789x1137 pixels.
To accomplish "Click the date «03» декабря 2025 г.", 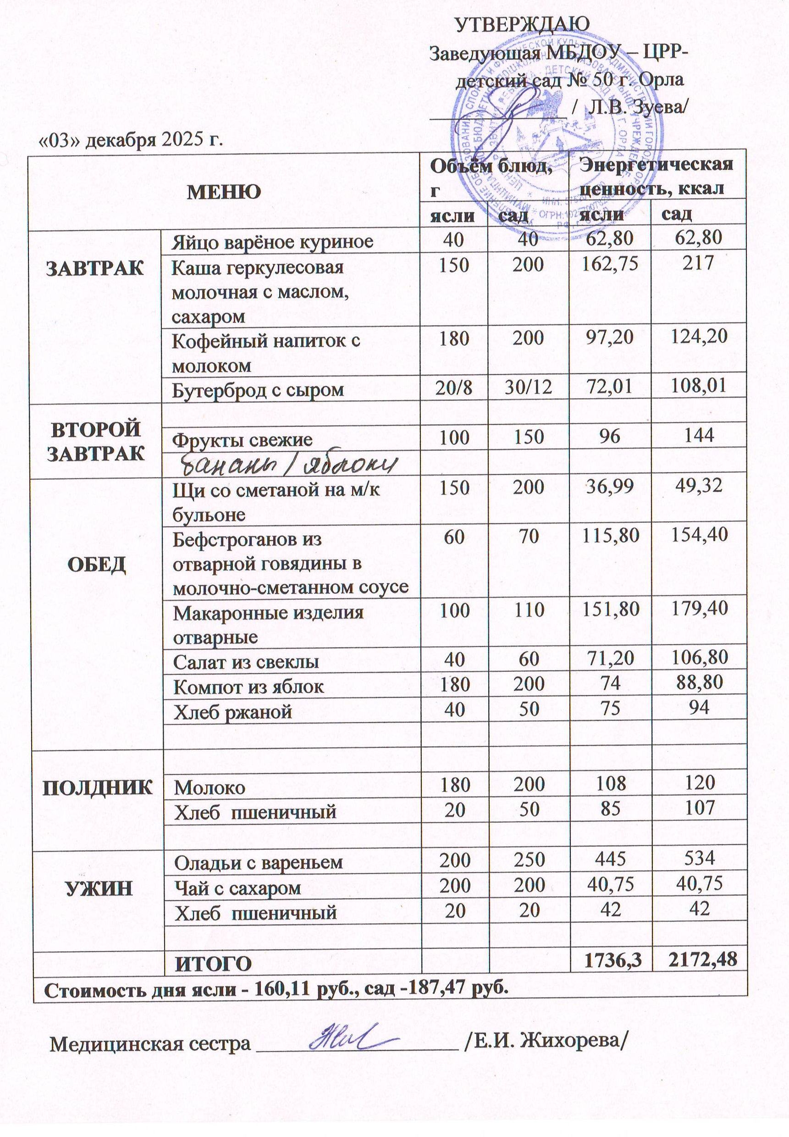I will click(x=131, y=140).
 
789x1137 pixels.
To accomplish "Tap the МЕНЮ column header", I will click(x=223, y=192).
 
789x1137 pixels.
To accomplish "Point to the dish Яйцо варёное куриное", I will click(x=272, y=242).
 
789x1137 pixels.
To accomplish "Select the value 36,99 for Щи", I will click(x=610, y=487).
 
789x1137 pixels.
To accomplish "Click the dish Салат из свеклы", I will click(x=246, y=662).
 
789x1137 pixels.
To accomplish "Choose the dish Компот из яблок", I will click(x=248, y=687).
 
